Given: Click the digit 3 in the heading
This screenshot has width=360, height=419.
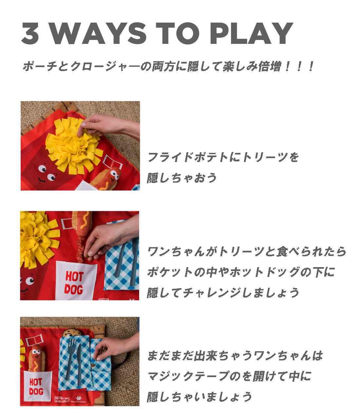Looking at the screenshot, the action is pos(30,33).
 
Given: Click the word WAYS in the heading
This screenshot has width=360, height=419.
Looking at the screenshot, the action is pos(98,33).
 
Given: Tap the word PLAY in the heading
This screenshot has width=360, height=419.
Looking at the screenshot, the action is pos(252,33).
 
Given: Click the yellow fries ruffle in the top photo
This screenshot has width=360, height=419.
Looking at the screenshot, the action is pos(73,145).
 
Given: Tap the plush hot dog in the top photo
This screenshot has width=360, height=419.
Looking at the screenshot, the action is pos(106,179).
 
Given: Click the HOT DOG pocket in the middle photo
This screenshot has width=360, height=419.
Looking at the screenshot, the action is pos(75,281).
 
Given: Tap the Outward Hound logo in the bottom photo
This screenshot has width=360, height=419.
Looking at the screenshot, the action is pos(62,399).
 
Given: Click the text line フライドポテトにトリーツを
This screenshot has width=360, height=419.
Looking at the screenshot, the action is pos(223,157).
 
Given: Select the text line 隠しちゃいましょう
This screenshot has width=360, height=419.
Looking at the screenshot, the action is pos(199,397).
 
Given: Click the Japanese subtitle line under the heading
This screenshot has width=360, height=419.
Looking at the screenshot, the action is pos(168,66).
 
